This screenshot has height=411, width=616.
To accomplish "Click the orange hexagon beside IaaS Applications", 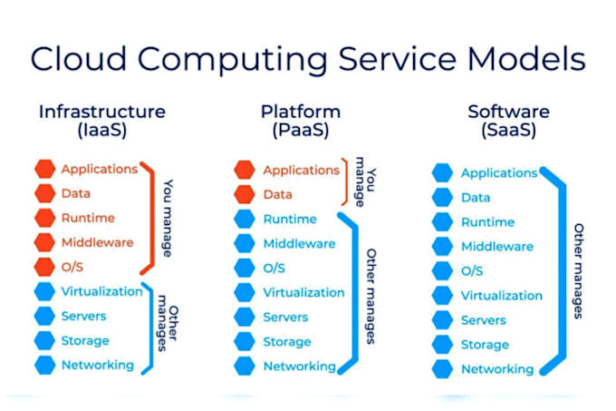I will point(45,169).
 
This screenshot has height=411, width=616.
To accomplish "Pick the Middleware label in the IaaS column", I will point(97,242).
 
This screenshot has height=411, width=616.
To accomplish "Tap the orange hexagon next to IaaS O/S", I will point(45,267).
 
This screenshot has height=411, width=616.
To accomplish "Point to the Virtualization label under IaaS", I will point(101,291).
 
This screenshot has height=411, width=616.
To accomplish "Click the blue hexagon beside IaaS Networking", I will point(45,365).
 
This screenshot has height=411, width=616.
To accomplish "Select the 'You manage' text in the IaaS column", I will point(168,218).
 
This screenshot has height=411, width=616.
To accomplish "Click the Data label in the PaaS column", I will point(277,194).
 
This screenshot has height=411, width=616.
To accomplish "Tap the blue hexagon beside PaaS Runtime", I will point(244,219).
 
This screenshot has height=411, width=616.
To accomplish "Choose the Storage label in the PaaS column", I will point(285,342).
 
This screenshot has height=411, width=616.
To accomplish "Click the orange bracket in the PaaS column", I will point(342,181).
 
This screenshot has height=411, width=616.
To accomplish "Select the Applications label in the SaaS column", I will point(498,172).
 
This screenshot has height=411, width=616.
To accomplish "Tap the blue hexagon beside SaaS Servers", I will point(442,320).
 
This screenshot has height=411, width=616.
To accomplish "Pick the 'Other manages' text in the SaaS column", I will point(578,270).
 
